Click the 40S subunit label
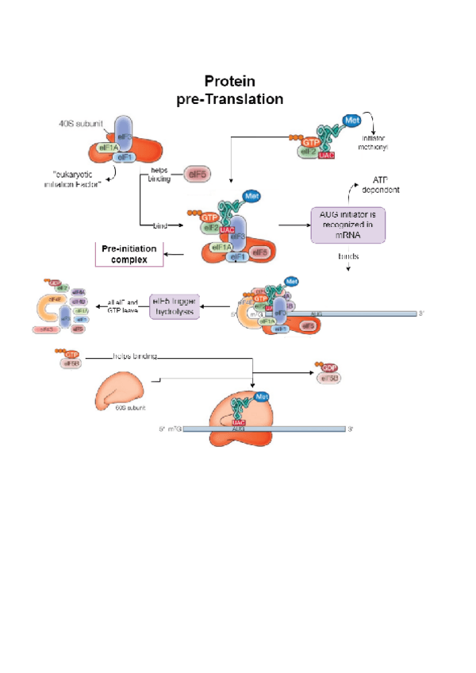point(81,125)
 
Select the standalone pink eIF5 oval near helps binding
point(197,174)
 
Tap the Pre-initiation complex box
point(129,254)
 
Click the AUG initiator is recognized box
point(346,220)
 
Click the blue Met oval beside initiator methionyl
point(352,121)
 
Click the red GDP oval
point(328,367)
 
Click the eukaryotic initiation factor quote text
point(74,178)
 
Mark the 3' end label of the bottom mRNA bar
point(351,429)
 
